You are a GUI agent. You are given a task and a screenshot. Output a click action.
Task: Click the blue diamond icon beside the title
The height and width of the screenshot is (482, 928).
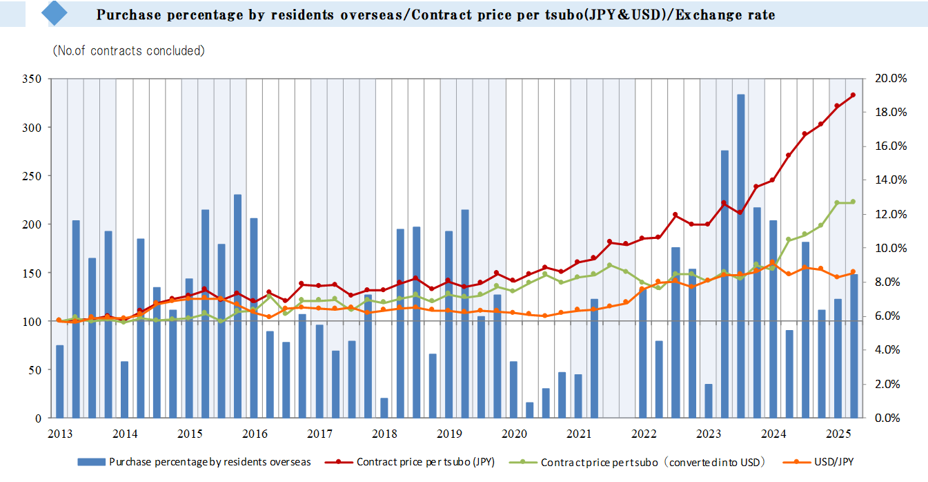click(x=55, y=13)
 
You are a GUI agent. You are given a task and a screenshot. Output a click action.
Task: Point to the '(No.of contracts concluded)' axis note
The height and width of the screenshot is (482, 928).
click(x=129, y=50)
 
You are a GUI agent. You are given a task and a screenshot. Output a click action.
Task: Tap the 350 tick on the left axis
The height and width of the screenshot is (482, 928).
click(x=33, y=79)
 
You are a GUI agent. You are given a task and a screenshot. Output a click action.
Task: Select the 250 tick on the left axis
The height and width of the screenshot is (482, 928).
click(x=33, y=176)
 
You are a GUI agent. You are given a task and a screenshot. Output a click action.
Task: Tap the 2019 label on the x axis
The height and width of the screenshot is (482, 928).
click(x=449, y=434)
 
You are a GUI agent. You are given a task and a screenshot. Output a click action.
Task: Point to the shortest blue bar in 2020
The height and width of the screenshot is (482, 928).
click(x=530, y=410)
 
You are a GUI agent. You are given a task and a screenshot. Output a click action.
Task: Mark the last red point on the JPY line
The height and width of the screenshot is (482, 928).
click(x=853, y=95)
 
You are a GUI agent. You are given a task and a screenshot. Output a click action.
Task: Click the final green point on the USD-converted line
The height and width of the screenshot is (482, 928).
click(x=853, y=202)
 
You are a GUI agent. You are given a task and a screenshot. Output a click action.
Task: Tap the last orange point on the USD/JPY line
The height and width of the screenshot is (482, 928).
click(x=853, y=272)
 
